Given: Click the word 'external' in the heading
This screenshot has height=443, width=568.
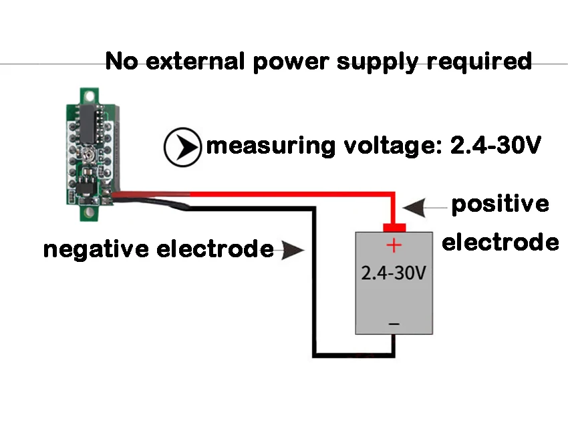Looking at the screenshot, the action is (x=195, y=61).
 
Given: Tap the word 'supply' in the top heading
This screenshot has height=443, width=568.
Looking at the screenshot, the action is (x=378, y=62).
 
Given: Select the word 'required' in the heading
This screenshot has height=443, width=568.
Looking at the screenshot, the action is (x=479, y=62).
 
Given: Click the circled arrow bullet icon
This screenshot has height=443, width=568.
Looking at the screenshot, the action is (x=182, y=147).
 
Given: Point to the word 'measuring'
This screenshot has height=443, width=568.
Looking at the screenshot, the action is (x=270, y=146).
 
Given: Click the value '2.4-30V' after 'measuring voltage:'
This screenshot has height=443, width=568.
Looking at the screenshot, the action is (x=496, y=145).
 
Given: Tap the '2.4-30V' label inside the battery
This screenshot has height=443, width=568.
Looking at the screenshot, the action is (x=394, y=273).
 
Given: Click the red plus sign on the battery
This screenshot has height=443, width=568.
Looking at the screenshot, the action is (x=394, y=246).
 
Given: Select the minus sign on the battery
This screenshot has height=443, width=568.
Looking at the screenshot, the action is (x=394, y=323).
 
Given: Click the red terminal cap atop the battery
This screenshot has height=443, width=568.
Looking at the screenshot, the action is (x=394, y=228).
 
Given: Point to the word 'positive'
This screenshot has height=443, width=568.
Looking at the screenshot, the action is (x=501, y=204).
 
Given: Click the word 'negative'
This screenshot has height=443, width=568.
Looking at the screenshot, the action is (x=96, y=249).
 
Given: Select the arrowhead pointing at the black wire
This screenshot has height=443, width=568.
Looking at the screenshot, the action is (x=293, y=250).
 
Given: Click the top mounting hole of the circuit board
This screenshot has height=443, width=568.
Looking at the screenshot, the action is (x=89, y=97).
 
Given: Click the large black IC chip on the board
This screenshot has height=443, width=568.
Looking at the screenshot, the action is (x=88, y=123).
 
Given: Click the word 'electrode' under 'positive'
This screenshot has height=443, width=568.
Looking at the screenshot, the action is (x=501, y=242).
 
